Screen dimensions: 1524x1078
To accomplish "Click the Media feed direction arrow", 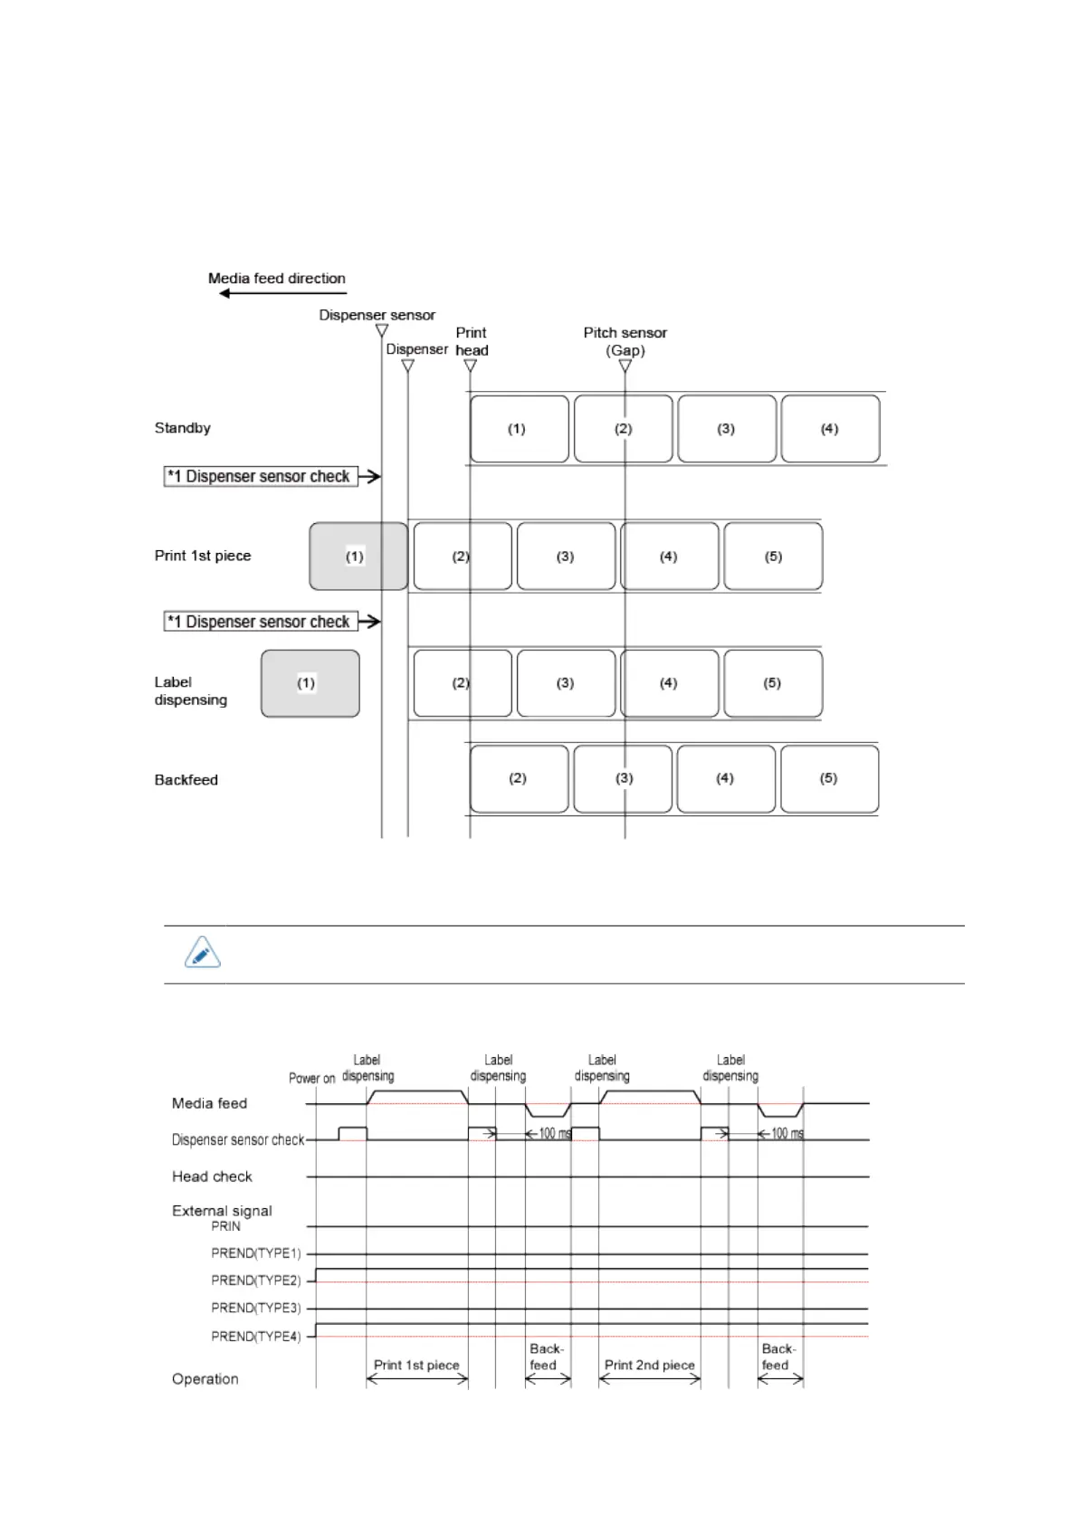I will [282, 293].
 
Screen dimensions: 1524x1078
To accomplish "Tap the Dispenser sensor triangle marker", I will [382, 330].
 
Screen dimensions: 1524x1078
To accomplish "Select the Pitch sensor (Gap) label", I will [625, 341].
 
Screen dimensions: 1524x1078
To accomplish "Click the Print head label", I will [472, 341].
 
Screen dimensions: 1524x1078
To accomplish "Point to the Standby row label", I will [182, 428].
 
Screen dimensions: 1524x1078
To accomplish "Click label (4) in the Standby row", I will [830, 429].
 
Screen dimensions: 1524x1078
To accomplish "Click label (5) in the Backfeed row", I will [828, 778].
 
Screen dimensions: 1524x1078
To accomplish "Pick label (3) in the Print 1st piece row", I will [566, 557].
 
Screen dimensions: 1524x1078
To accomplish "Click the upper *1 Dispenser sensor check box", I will [261, 476].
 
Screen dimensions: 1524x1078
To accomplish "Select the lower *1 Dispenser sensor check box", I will [261, 622].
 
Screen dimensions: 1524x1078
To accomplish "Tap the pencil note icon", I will [202, 953].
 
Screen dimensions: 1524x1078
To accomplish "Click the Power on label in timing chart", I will [311, 1078].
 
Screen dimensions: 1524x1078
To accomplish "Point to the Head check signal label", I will [212, 1176].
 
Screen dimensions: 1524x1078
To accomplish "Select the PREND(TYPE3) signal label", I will [255, 1308].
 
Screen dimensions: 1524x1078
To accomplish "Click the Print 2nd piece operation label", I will [649, 1365].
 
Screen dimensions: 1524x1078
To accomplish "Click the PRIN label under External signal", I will [225, 1226].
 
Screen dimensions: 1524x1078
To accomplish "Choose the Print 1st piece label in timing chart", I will [416, 1365].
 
